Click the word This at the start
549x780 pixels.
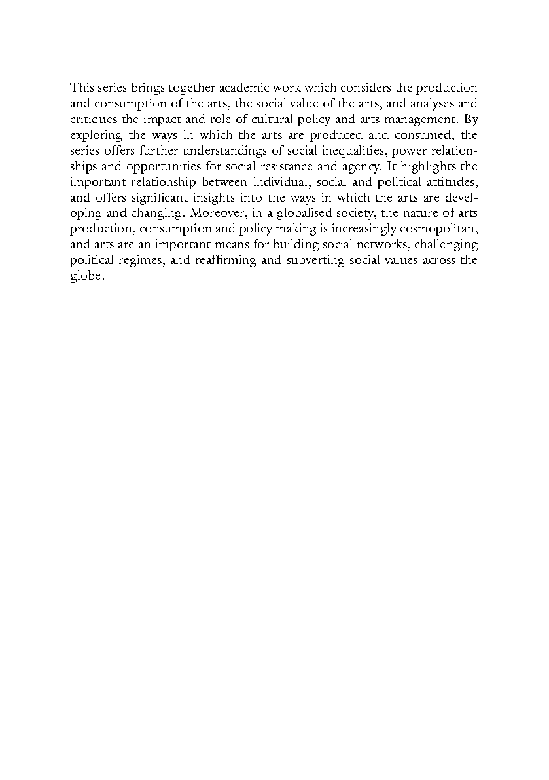coord(81,88)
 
